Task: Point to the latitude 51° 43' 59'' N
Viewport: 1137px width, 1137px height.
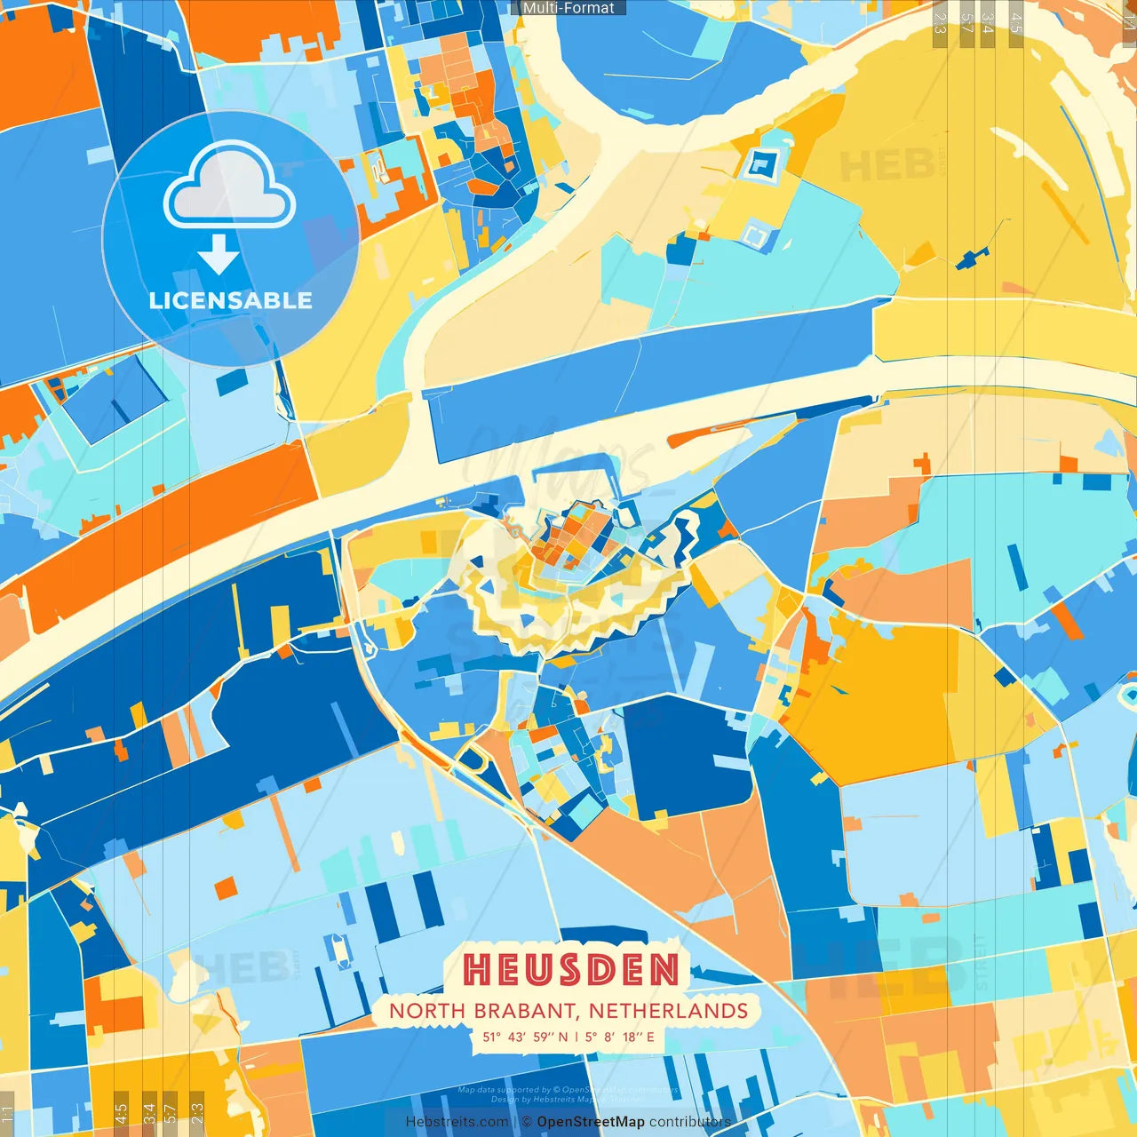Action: [525, 1037]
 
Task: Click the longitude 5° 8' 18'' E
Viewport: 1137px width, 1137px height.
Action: [619, 1037]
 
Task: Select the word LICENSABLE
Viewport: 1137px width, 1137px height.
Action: [231, 300]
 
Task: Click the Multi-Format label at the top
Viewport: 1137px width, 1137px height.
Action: [568, 8]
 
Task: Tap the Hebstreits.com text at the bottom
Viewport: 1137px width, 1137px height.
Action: [457, 1122]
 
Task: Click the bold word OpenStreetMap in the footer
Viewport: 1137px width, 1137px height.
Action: [591, 1122]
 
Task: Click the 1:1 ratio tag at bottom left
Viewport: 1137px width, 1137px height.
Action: [7, 1115]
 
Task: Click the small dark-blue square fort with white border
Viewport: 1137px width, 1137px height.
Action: [761, 164]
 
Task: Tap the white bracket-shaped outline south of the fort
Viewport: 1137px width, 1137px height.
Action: [755, 235]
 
